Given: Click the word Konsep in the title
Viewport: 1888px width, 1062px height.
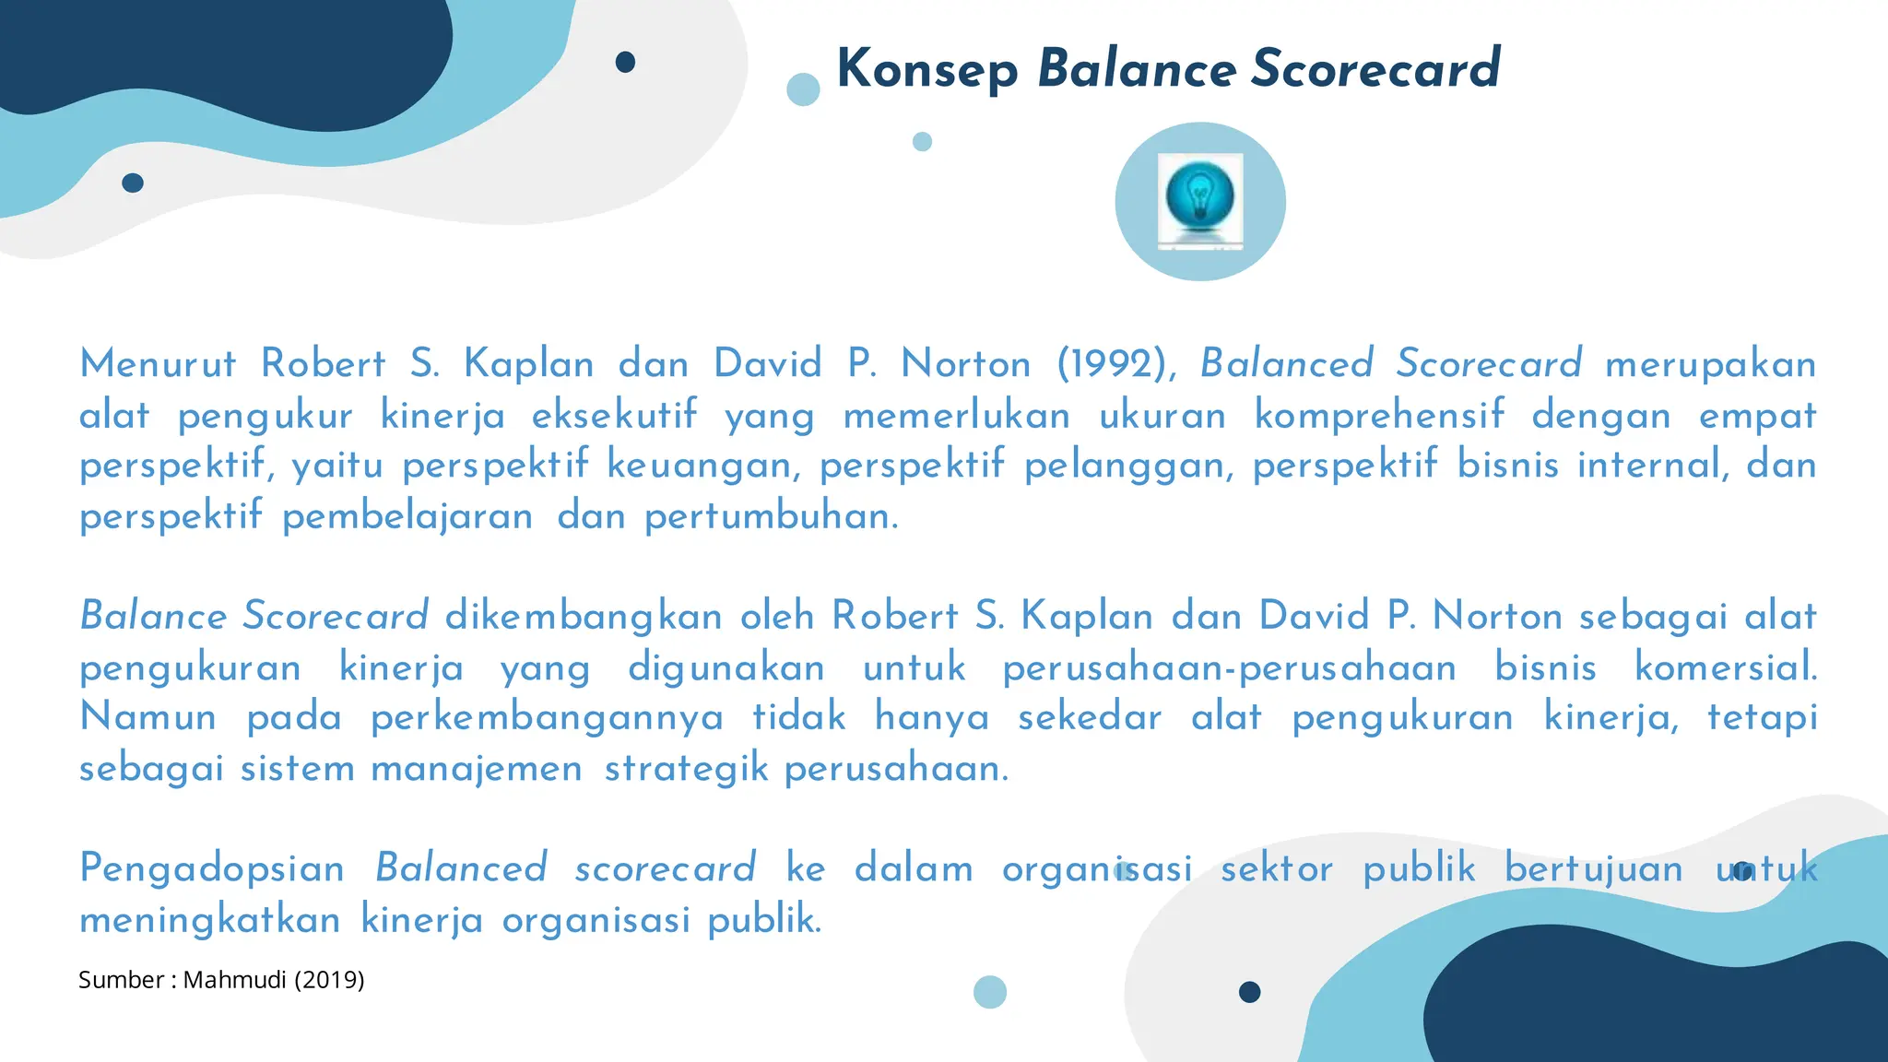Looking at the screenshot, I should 926,70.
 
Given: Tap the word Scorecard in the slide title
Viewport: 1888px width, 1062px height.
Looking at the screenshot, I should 1375,68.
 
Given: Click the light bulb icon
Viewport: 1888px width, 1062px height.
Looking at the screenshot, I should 1199,197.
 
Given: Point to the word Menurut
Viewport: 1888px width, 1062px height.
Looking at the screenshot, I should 158,363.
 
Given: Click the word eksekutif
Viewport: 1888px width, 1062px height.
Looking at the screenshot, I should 614,415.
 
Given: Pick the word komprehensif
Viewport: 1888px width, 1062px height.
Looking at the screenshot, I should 1379,415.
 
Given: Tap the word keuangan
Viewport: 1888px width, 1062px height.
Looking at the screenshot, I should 703,466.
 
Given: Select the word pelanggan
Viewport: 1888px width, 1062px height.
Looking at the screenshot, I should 1128,466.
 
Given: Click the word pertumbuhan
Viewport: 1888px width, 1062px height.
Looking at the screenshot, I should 771,516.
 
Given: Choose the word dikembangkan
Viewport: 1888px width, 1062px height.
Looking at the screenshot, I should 584,616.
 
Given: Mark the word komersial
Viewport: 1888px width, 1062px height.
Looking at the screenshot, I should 1726,667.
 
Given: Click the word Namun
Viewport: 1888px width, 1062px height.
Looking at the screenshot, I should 147,717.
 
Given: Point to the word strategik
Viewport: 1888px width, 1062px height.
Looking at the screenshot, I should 686,768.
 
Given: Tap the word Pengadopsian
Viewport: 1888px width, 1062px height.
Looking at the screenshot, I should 212,868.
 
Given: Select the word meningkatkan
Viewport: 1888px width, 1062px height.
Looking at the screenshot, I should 210,919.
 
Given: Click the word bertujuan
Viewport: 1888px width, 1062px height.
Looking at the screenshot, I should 1594,868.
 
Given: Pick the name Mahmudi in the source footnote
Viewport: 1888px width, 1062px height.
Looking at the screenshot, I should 234,979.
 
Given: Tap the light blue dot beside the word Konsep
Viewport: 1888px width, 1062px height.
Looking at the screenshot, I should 803,89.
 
